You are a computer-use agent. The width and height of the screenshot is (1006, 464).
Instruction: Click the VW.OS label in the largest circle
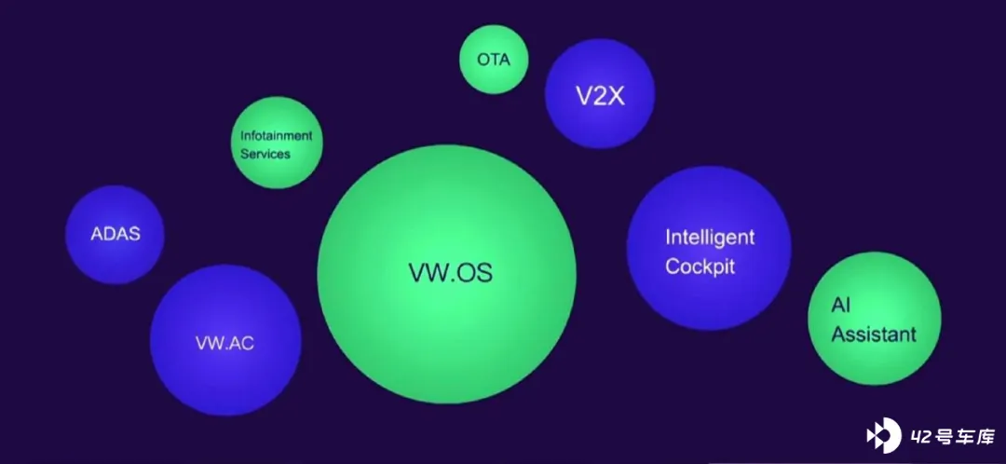click(451, 272)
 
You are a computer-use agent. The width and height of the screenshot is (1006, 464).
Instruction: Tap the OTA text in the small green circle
click(494, 60)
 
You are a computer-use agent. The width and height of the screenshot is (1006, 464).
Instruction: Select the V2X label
click(600, 96)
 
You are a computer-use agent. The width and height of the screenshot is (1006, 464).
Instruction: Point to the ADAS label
click(116, 234)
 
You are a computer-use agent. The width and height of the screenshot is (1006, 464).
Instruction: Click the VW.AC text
click(224, 344)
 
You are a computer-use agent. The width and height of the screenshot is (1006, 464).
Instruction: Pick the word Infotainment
click(277, 136)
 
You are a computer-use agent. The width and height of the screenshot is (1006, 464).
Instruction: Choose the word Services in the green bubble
click(265, 154)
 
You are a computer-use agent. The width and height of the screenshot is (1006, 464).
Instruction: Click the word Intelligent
click(710, 239)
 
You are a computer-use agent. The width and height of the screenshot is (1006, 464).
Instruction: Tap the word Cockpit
click(700, 266)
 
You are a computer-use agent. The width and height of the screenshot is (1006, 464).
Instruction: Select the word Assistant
click(874, 334)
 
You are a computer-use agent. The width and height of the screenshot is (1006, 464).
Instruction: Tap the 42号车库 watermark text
click(952, 438)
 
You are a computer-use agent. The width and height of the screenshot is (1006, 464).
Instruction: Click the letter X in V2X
click(616, 96)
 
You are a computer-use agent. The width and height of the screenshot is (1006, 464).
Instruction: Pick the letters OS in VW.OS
click(475, 272)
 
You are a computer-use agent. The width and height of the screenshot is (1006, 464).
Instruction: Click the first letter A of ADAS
click(97, 234)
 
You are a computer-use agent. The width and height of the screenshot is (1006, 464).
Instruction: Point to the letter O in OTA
click(483, 60)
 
